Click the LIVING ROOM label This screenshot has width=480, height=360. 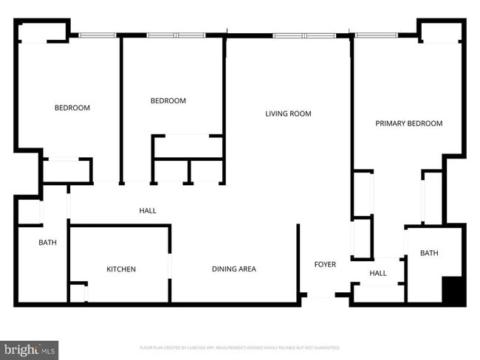click(x=288, y=114)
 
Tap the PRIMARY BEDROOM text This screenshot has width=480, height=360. click(x=408, y=123)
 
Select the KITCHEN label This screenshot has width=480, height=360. click(x=121, y=269)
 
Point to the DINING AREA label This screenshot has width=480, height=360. click(x=233, y=269)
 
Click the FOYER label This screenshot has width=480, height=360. click(x=325, y=264)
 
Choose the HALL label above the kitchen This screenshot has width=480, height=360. click(x=148, y=211)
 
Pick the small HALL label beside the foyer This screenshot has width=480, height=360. click(x=378, y=273)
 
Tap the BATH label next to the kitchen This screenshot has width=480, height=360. click(x=48, y=242)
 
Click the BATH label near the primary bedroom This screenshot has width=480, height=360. click(x=429, y=253)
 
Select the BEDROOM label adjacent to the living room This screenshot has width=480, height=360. click(x=168, y=101)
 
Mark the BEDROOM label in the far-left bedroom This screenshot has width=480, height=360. click(x=72, y=108)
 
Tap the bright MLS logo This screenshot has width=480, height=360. click(x=30, y=349)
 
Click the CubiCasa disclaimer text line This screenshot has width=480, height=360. click(x=239, y=347)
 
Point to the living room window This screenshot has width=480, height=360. click(x=304, y=35)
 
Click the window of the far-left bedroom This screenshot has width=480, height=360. click(x=97, y=34)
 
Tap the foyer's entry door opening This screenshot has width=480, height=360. click(x=321, y=296)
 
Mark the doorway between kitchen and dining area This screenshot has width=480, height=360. click(x=170, y=266)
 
